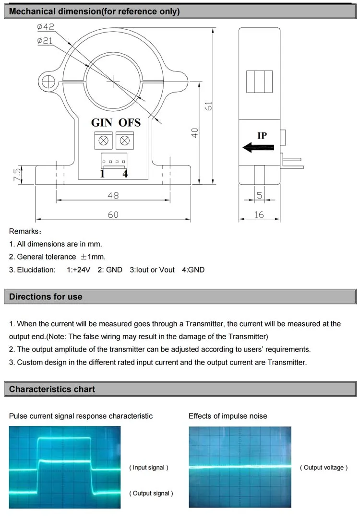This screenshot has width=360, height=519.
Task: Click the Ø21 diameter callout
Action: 45,41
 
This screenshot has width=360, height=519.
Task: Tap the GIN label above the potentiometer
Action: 102,122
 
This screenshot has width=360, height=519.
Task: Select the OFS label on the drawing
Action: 130,122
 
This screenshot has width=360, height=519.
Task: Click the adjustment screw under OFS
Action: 124,141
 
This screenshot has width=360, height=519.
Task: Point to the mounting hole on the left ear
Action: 48,82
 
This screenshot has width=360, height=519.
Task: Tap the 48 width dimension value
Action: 113,196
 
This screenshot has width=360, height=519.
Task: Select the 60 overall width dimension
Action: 113,215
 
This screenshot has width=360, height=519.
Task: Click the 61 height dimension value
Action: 208,106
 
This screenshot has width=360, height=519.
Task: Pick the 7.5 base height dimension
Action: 17,174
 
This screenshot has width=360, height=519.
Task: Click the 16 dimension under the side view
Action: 259,215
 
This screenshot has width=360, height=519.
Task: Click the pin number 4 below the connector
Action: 125,174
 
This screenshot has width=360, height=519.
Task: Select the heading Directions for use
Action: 46,297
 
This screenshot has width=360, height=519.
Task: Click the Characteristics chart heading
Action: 52,389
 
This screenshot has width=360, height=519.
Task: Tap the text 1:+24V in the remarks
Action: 78,270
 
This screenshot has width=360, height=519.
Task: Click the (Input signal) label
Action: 149,468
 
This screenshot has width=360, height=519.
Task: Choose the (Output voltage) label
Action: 324,468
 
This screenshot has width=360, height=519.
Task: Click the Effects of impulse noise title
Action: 228,416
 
